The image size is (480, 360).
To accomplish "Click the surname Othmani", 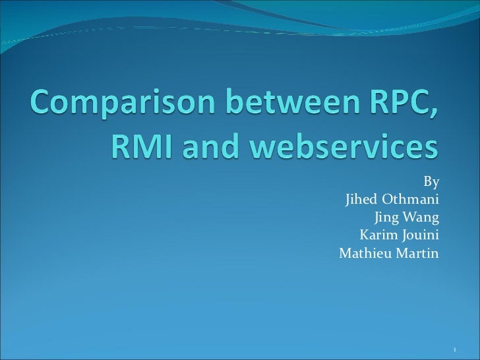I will pyautogui.click(x=410, y=199).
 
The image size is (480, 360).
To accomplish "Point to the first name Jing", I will pyautogui.click(x=386, y=217).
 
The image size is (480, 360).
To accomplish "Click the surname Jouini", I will pyautogui.click(x=420, y=235).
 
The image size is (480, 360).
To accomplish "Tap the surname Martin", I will pyautogui.click(x=419, y=253).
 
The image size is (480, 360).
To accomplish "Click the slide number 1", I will pyautogui.click(x=456, y=347).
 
